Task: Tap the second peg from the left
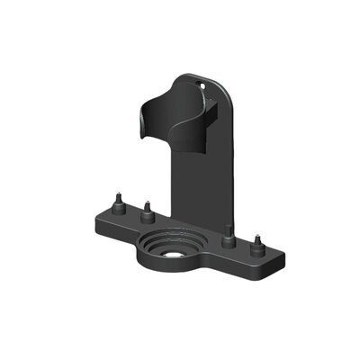pyautogui.click(x=146, y=211)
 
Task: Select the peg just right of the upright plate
pyautogui.click(x=229, y=235)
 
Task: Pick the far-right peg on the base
pyautogui.click(x=258, y=243)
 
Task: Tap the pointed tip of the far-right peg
pyautogui.click(x=258, y=236)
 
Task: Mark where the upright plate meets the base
pyautogui.click(x=193, y=225)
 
